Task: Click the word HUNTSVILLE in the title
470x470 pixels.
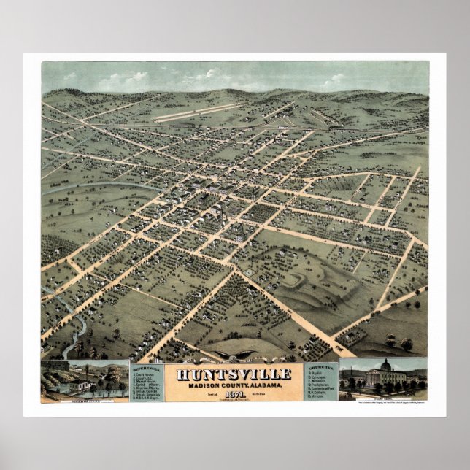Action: [234, 374]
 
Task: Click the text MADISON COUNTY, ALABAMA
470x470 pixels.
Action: [234, 385]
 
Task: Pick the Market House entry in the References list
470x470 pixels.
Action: [149, 381]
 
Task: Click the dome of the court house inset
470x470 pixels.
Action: [386, 364]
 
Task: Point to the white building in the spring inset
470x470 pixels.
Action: [75, 384]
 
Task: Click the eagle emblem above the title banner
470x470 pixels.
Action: [234, 358]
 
